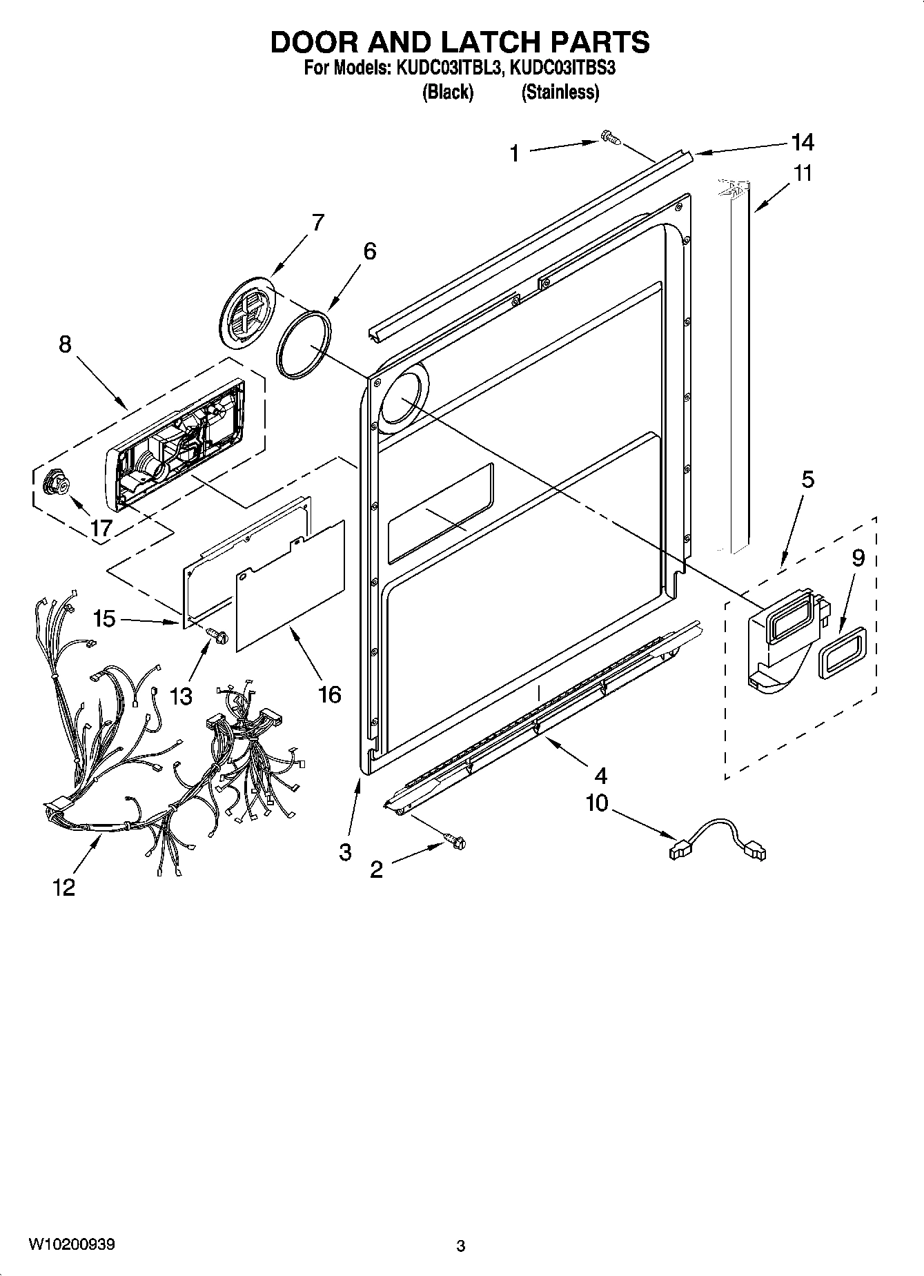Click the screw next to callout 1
click(610, 137)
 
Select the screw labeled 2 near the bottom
click(456, 840)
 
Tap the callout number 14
click(803, 142)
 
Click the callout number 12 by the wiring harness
click(63, 887)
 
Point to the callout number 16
click(330, 694)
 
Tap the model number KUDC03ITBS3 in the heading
click(561, 69)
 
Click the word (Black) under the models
click(447, 92)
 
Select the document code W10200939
click(72, 1244)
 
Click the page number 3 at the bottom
click(460, 1246)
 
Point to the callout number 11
click(803, 173)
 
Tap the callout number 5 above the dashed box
click(807, 479)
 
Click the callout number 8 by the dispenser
click(65, 344)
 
